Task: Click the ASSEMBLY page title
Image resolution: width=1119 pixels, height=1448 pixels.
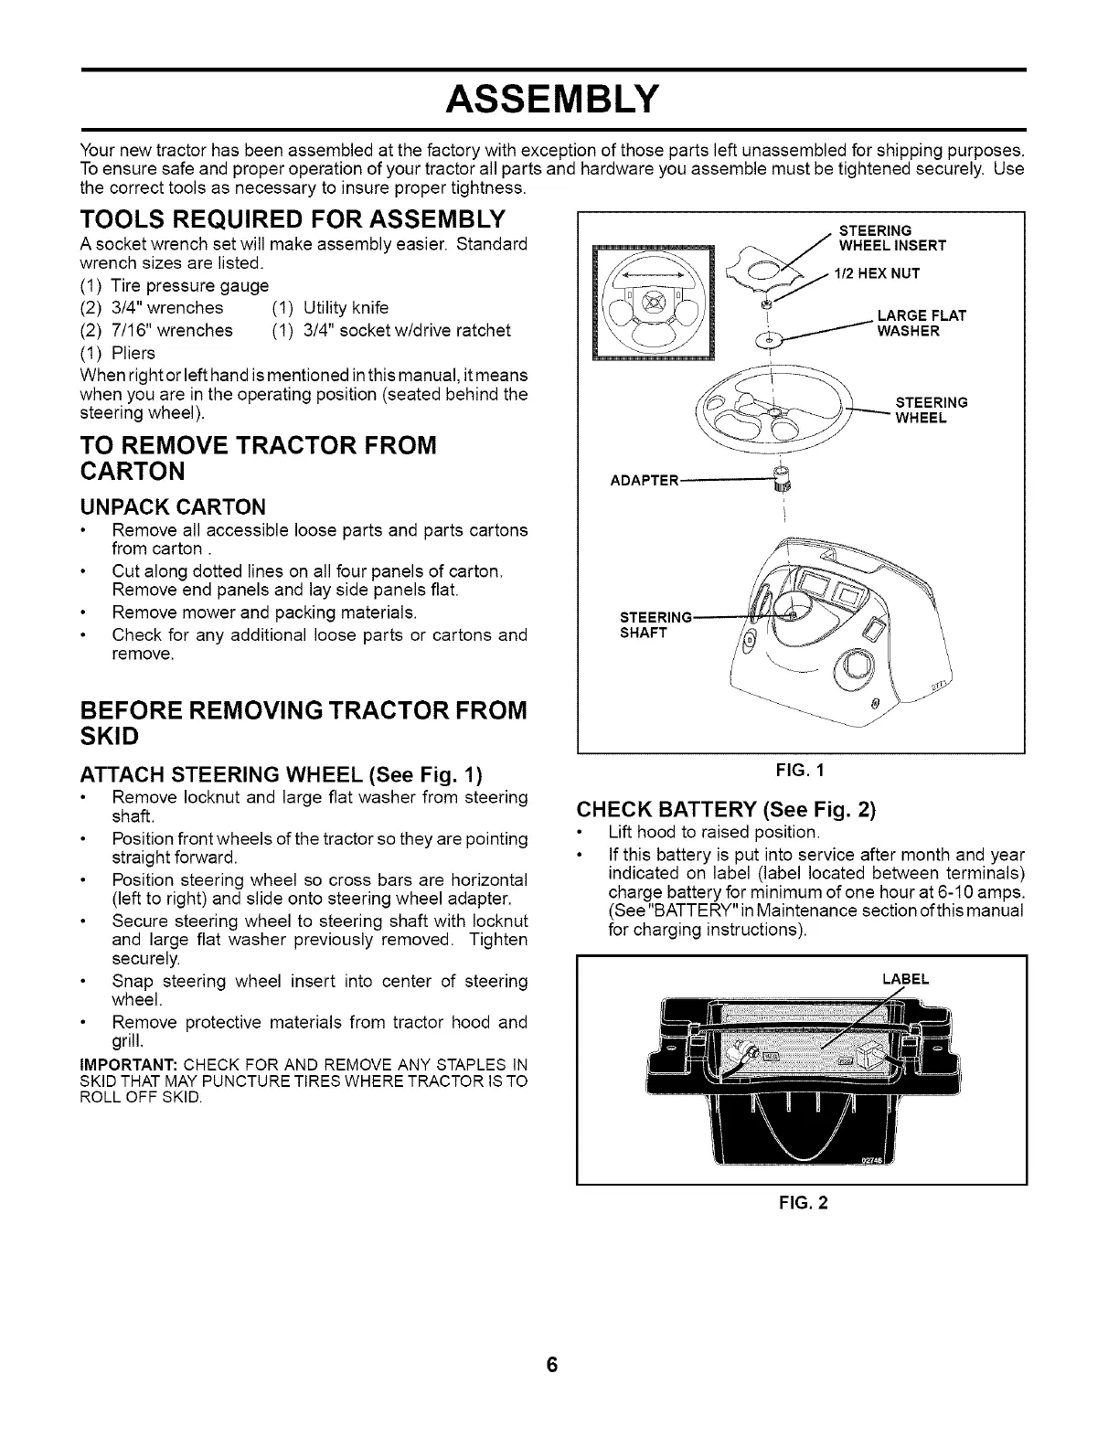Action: (x=551, y=98)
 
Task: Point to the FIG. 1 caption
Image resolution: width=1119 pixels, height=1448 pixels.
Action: (x=801, y=770)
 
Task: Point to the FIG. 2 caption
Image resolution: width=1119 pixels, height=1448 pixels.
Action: (x=801, y=1203)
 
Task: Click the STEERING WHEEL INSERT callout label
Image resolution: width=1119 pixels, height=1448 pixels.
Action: (x=891, y=238)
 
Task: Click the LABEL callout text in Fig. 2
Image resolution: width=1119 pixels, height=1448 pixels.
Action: (x=905, y=979)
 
